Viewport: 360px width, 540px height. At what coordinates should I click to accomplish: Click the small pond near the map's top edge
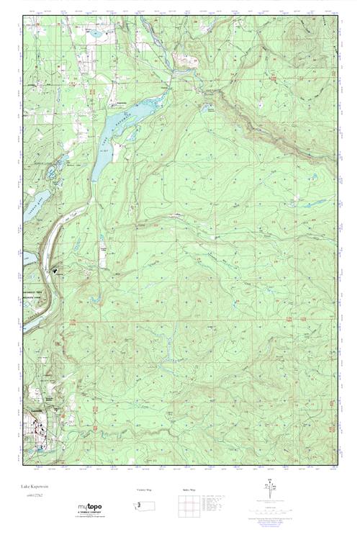[x=94, y=34]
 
